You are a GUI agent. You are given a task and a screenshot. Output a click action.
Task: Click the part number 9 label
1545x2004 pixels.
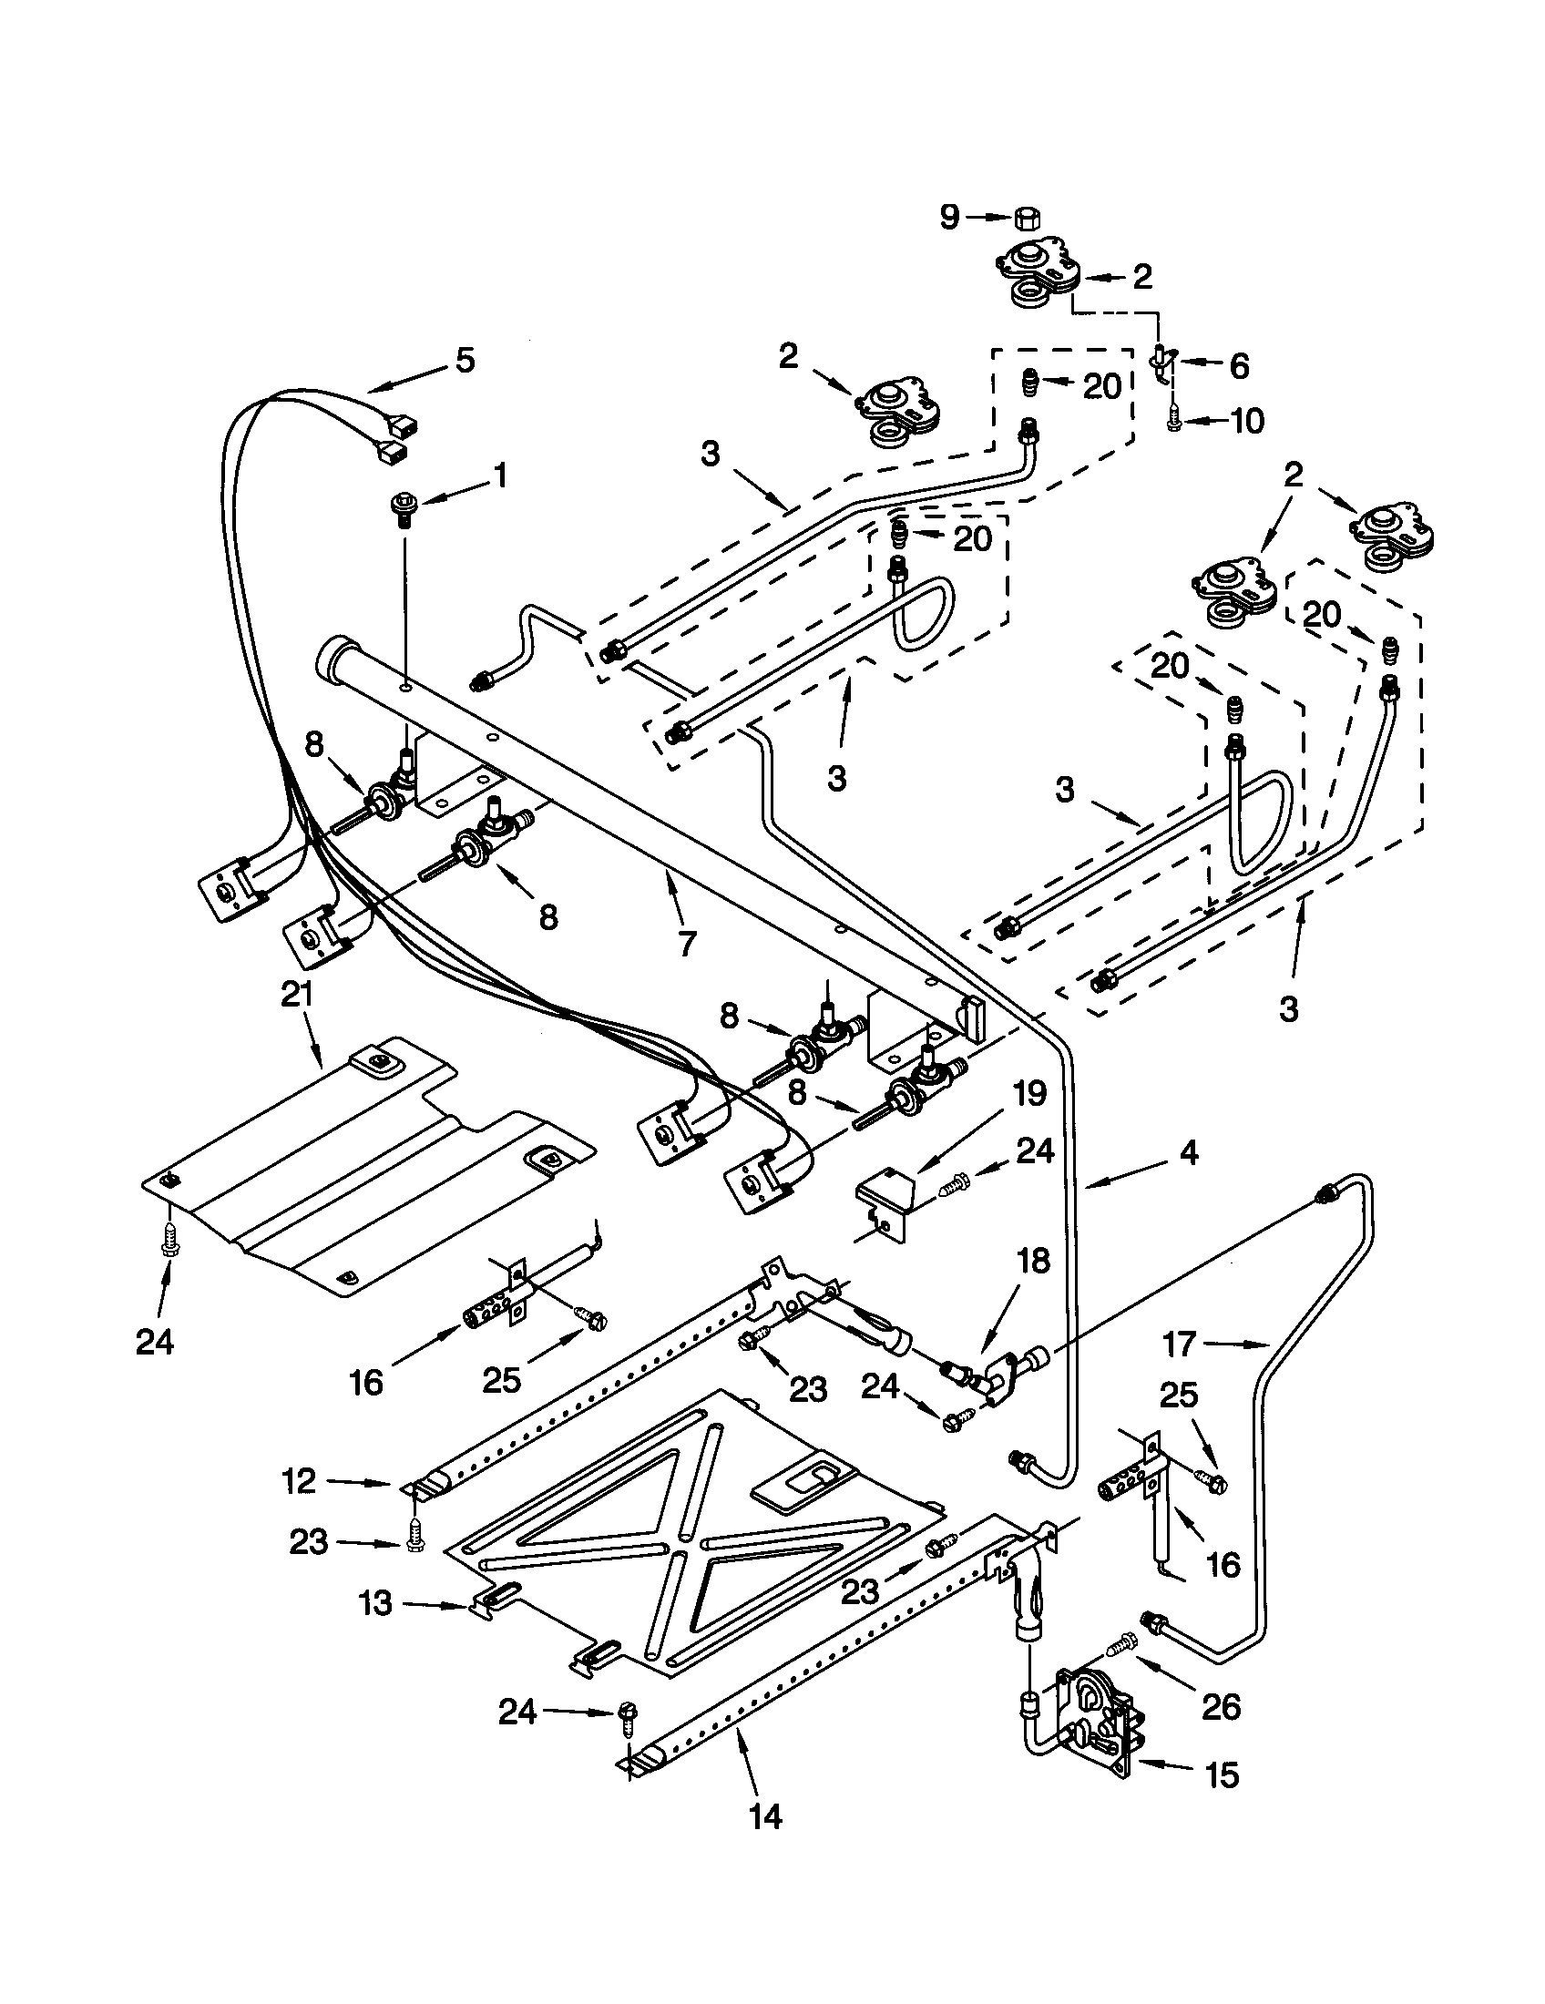[948, 218]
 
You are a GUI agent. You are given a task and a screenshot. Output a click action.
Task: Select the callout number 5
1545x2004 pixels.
[466, 361]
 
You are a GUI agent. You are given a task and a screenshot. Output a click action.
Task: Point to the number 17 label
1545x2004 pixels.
[1180, 1345]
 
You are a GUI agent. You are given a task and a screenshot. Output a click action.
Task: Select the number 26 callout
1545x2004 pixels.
[1220, 1707]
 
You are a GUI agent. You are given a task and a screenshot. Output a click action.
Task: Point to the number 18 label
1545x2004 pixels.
[1033, 1262]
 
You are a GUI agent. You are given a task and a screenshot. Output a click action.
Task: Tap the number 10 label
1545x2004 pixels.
[1246, 421]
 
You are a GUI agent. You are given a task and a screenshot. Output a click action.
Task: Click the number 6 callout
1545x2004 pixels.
[1239, 366]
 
